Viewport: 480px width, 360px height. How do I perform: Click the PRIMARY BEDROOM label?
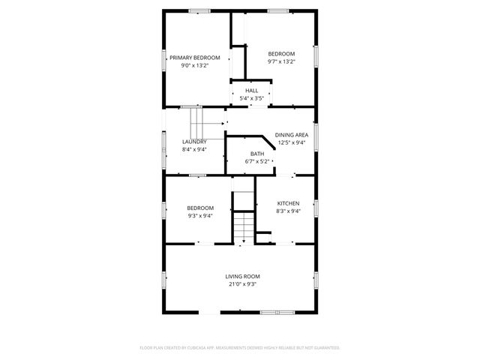click(194, 58)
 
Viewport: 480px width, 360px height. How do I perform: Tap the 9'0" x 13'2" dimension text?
click(194, 65)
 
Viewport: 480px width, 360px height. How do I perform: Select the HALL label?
click(251, 91)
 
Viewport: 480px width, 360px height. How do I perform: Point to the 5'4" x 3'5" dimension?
click(251, 98)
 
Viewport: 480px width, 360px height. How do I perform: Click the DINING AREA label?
click(292, 135)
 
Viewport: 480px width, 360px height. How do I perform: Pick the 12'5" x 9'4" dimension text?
click(292, 142)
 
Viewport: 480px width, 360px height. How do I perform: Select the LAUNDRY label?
click(194, 142)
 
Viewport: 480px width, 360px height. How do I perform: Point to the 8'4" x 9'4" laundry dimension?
click(194, 149)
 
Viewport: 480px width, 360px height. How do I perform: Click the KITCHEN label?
click(289, 203)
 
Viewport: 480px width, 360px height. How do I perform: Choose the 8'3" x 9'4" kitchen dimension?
click(289, 211)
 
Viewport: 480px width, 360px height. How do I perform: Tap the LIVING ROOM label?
click(241, 276)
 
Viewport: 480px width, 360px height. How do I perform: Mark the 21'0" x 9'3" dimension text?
click(241, 283)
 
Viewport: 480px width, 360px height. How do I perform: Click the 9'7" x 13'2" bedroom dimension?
click(282, 61)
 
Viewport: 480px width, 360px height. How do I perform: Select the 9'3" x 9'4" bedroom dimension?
click(200, 215)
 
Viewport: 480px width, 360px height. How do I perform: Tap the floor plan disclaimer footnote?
click(240, 348)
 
